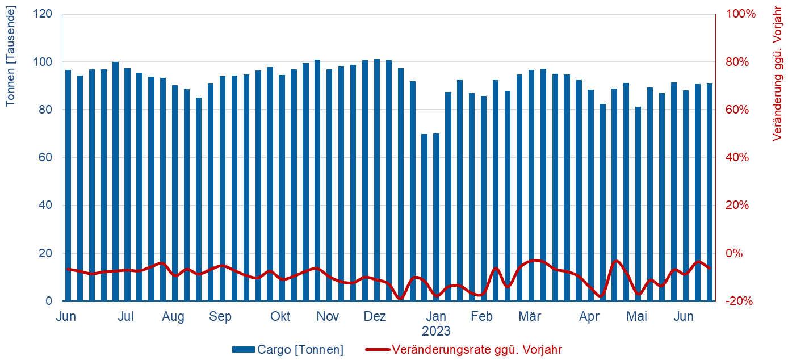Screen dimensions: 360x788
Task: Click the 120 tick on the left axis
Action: pyautogui.click(x=45, y=14)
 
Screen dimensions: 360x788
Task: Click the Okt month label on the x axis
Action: pyautogui.click(x=280, y=317)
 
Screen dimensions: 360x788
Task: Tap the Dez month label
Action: pyautogui.click(x=375, y=317)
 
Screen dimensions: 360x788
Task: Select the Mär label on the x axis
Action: pyautogui.click(x=530, y=317)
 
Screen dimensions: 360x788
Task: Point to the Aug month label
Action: pyautogui.click(x=173, y=317)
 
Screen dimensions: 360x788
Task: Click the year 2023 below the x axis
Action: pyautogui.click(x=436, y=331)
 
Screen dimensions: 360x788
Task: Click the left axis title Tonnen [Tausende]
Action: pyautogui.click(x=10, y=56)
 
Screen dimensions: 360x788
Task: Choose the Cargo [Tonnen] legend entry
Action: pyautogui.click(x=300, y=350)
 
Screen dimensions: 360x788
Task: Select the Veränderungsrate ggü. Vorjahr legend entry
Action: pyautogui.click(x=477, y=350)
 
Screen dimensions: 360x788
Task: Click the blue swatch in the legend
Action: pyautogui.click(x=244, y=350)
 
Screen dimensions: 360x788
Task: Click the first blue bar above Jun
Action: pyautogui.click(x=68, y=186)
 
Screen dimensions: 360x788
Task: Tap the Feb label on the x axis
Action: pyautogui.click(x=482, y=317)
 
